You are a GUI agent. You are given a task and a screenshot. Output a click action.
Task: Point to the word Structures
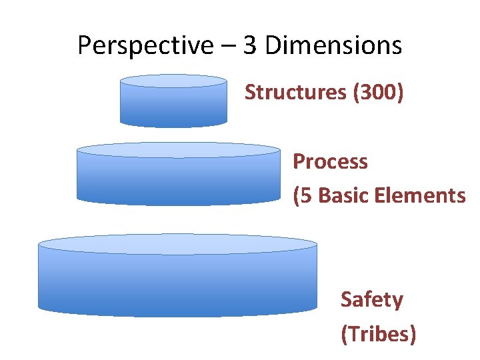[294, 92]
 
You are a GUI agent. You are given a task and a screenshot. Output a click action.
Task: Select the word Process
[330, 161]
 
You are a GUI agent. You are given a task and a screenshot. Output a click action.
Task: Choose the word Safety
[371, 299]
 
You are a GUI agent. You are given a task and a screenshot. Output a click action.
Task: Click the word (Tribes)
[378, 333]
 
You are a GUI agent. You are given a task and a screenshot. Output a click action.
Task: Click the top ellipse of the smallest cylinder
[173, 81]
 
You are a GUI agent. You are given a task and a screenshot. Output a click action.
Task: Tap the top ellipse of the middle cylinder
[178, 149]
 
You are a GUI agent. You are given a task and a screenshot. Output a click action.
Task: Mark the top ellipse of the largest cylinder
[177, 244]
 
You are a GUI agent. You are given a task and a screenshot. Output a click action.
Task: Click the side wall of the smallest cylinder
[173, 107]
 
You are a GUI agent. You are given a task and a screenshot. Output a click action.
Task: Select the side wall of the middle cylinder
[178, 180]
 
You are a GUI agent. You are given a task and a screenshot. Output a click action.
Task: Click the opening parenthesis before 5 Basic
[297, 195]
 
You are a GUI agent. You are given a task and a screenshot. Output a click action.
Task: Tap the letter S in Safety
[347, 299]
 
